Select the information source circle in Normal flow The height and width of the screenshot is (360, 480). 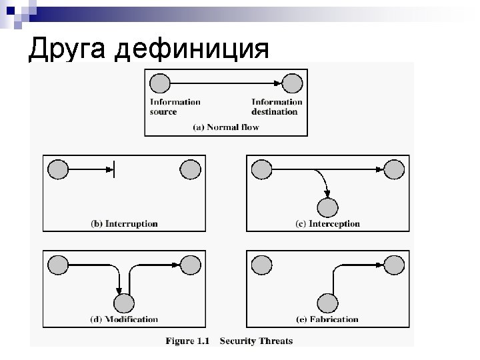160,83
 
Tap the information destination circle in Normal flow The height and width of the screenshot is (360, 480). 293,83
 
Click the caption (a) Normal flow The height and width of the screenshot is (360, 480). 225,127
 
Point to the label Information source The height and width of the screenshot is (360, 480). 175,107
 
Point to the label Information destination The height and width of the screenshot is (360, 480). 276,107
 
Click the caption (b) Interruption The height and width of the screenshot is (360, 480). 124,224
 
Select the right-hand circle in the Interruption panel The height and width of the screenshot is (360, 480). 190,170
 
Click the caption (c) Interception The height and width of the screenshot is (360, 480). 327,224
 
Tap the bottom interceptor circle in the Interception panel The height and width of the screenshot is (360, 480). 327,207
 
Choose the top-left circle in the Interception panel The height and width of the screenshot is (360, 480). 261,170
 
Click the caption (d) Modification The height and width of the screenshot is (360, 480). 124,319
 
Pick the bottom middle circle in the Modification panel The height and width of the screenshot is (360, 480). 123,303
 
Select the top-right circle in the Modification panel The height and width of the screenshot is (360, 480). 190,265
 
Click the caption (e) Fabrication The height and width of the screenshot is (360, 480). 327,319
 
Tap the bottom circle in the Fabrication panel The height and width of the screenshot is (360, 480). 327,303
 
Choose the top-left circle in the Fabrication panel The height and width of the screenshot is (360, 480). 261,265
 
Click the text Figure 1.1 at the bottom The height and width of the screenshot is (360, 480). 187,341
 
